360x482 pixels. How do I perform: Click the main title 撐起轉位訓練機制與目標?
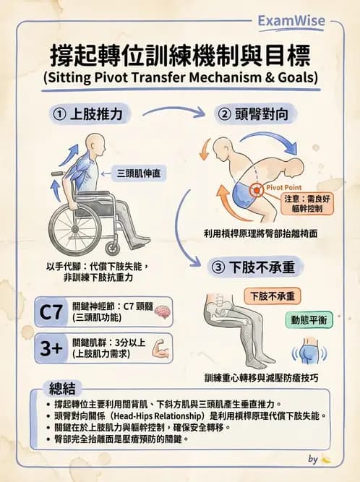(180, 55)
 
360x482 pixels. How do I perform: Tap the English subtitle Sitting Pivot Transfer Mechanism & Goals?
(180, 77)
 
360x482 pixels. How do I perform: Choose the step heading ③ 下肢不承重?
(253, 267)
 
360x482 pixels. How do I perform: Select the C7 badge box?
(51, 312)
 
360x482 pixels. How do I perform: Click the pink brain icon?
(161, 311)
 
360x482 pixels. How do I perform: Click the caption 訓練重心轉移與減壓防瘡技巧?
(261, 377)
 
